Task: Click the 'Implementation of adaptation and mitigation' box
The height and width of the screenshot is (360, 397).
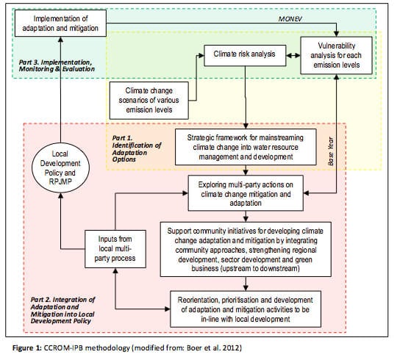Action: [x=60, y=24]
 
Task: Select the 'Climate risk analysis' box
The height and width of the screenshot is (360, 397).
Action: [x=245, y=55]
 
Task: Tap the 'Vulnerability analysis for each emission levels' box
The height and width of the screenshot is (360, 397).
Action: [x=336, y=55]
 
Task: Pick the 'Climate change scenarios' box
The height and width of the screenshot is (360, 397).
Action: [x=149, y=100]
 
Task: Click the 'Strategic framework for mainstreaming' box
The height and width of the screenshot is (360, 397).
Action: [x=246, y=147]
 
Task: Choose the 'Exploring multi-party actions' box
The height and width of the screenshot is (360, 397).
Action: [x=246, y=193]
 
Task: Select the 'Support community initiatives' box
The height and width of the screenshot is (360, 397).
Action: [x=246, y=249]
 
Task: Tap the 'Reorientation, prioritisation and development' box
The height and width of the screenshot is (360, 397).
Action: [x=246, y=309]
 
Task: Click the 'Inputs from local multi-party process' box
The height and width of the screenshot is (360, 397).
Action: [x=115, y=248]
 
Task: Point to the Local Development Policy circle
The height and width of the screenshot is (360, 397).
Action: [x=60, y=168]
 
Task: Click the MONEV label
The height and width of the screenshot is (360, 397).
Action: [x=290, y=19]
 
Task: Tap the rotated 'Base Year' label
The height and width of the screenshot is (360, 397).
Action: [x=331, y=151]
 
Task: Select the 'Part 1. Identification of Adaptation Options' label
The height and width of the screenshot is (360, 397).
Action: [x=137, y=148]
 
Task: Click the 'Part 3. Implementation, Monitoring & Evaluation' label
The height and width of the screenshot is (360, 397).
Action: [x=57, y=65]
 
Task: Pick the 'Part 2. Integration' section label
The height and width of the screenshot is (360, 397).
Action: [x=62, y=310]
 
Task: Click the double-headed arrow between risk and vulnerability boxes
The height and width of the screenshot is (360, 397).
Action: [x=293, y=55]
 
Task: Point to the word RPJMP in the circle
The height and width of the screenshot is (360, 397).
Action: [x=60, y=182]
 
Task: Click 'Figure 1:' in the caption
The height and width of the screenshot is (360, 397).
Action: [x=27, y=348]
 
